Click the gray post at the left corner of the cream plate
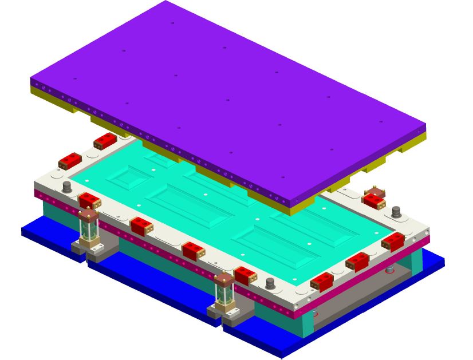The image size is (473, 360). tap(67, 187)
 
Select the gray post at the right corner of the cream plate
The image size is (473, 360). tap(396, 212)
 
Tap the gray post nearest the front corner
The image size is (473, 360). tap(270, 283)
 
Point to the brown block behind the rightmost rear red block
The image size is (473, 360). tap(375, 191)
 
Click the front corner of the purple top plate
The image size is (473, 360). tap(291, 203)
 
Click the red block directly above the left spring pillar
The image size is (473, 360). tap(89, 201)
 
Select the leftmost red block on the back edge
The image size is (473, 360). tap(70, 161)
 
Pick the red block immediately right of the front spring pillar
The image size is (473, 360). tap(245, 275)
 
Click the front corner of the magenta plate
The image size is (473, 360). tap(294, 314)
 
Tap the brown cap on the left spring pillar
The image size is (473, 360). tap(88, 215)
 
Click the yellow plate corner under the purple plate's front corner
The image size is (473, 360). tap(291, 212)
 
